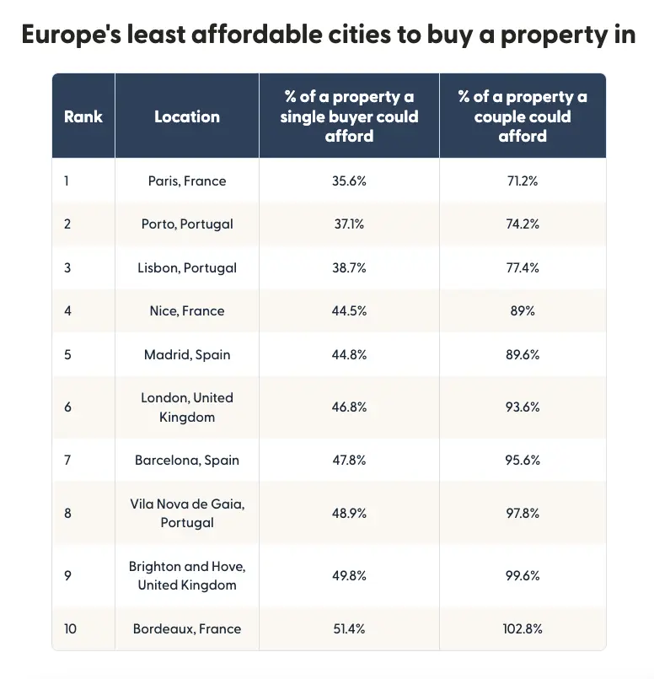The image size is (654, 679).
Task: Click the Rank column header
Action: pos(83,116)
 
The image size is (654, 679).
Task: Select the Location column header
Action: pos(187,116)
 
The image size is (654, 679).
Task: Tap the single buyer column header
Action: pos(349,116)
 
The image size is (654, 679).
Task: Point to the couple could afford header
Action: pos(523,116)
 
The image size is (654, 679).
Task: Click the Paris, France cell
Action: pos(187,181)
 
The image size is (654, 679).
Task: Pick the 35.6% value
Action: pos(349,181)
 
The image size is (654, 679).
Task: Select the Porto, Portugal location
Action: pos(187,224)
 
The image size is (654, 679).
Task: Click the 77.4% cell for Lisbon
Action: pos(523,267)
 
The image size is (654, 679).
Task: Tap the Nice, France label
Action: pos(187,311)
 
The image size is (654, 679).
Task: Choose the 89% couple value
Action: pos(523,311)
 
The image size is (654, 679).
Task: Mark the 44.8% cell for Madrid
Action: pos(349,355)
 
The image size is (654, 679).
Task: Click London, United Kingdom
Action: pos(187,407)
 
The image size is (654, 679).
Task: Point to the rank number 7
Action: pos(67,461)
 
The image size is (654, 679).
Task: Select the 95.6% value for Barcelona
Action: pos(523,461)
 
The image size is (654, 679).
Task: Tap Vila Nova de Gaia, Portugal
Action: pos(187,513)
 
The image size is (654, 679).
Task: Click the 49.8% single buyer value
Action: pos(349,575)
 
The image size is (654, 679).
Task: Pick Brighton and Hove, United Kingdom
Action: pos(187,575)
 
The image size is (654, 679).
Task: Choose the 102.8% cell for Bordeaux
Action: pos(523,628)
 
